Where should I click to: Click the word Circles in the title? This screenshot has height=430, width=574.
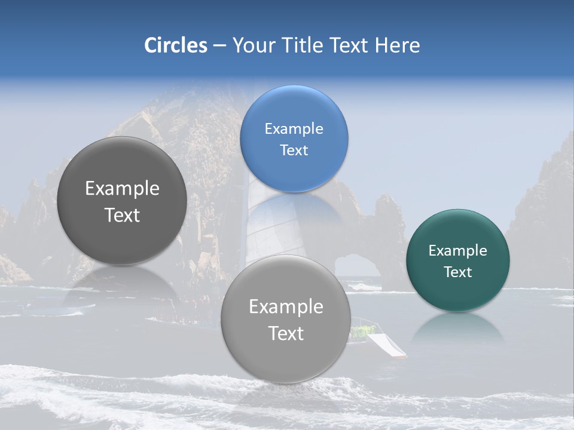(x=175, y=45)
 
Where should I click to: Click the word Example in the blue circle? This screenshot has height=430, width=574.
(x=294, y=129)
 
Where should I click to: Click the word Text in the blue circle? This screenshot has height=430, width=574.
(x=294, y=150)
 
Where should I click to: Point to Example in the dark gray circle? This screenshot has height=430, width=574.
(x=122, y=189)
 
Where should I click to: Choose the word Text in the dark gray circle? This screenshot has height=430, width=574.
(x=122, y=216)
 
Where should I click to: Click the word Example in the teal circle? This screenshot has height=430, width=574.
(x=457, y=251)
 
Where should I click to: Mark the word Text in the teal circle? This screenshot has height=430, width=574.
(x=457, y=272)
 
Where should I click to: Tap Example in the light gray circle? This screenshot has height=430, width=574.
(x=286, y=307)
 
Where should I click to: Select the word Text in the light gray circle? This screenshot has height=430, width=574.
(x=286, y=333)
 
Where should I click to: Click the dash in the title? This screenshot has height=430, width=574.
(x=219, y=46)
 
